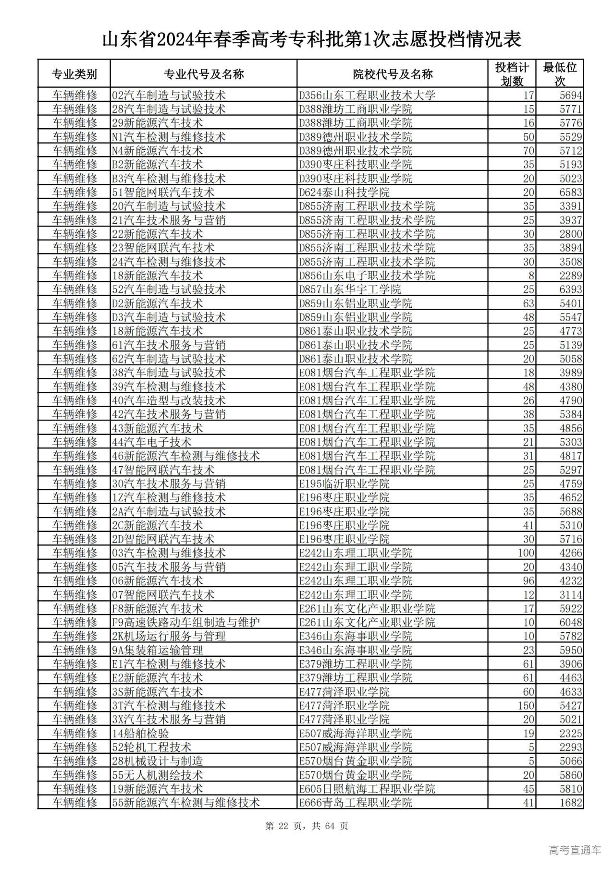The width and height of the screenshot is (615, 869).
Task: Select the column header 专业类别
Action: pyautogui.click(x=74, y=74)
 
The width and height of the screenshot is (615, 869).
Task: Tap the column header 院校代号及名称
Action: pyautogui.click(x=393, y=74)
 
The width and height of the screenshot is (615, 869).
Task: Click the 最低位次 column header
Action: pyautogui.click(x=560, y=74)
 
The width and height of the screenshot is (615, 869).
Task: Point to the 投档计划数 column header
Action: pyautogui.click(x=512, y=74)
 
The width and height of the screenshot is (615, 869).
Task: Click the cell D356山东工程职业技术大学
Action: pyautogui.click(x=367, y=95)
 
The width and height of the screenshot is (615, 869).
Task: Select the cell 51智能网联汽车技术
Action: pyautogui.click(x=163, y=193)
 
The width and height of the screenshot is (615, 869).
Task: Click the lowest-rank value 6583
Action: pyautogui.click(x=570, y=193)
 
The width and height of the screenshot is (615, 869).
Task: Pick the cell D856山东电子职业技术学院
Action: pyautogui.click(x=367, y=276)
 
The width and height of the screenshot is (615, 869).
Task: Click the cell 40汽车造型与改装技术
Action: pyautogui.click(x=169, y=400)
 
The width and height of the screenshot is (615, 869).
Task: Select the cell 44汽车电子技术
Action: pyautogui.click(x=151, y=442)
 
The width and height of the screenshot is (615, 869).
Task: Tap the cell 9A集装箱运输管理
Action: pyautogui.click(x=157, y=650)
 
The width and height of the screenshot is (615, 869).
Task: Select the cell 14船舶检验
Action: pyautogui.click(x=140, y=733)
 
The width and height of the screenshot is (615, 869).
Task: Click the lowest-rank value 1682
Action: pyautogui.click(x=570, y=803)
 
